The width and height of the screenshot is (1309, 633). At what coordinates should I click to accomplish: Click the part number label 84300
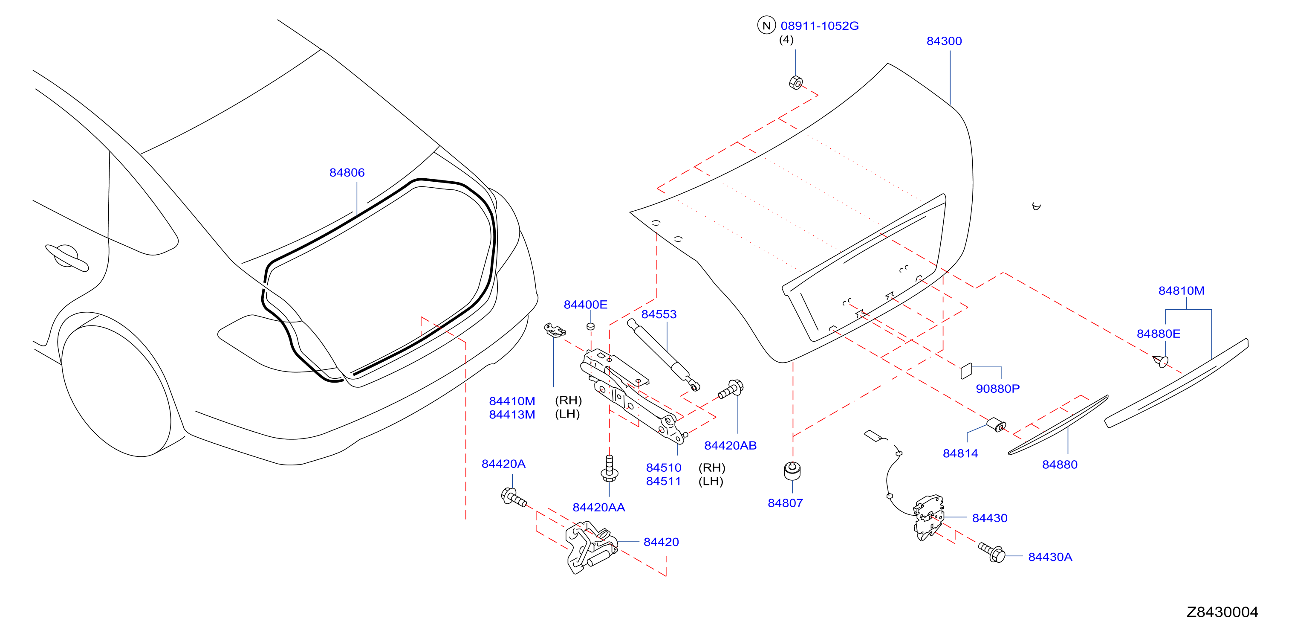coord(944,41)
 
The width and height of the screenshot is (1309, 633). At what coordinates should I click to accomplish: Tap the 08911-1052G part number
coord(819,26)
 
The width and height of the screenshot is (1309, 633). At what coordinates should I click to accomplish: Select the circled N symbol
coord(766,25)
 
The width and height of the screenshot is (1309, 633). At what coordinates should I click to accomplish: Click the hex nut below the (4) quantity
coord(796,82)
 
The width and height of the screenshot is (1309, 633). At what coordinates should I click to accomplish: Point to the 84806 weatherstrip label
coord(347,173)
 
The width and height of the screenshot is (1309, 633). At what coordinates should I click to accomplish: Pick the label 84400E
coord(585,305)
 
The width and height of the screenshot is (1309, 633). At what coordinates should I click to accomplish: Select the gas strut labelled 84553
coord(664,355)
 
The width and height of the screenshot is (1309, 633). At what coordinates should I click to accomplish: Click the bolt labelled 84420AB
coord(731,390)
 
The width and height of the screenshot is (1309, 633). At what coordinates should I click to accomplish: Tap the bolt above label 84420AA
coord(609,468)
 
